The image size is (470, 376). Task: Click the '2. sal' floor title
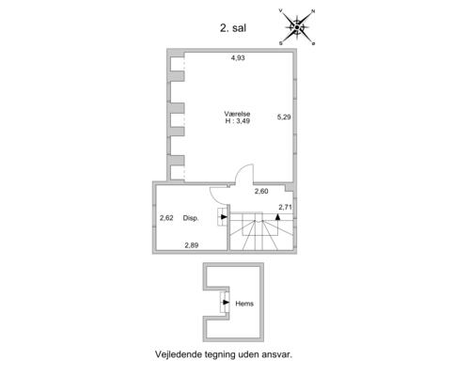click(x=230, y=28)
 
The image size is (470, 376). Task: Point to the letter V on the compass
click(x=281, y=10)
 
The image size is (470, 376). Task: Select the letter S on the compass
click(x=280, y=43)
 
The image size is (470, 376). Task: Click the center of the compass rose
click(x=297, y=27)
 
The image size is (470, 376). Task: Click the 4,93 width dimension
click(x=239, y=58)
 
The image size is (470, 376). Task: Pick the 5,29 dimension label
click(x=284, y=117)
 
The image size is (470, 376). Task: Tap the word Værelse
click(x=238, y=113)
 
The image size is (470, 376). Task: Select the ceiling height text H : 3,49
click(x=238, y=122)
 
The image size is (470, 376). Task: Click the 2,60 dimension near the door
click(x=262, y=192)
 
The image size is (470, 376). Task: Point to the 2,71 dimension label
click(x=287, y=206)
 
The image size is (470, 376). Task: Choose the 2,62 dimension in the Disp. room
click(x=167, y=218)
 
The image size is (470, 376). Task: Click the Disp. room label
click(x=191, y=218)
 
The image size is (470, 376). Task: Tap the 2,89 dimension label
click(x=191, y=245)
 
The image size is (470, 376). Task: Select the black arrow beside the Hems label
click(x=225, y=303)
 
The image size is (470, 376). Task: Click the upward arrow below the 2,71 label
click(x=278, y=217)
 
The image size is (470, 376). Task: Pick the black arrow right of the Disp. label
click(x=223, y=218)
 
